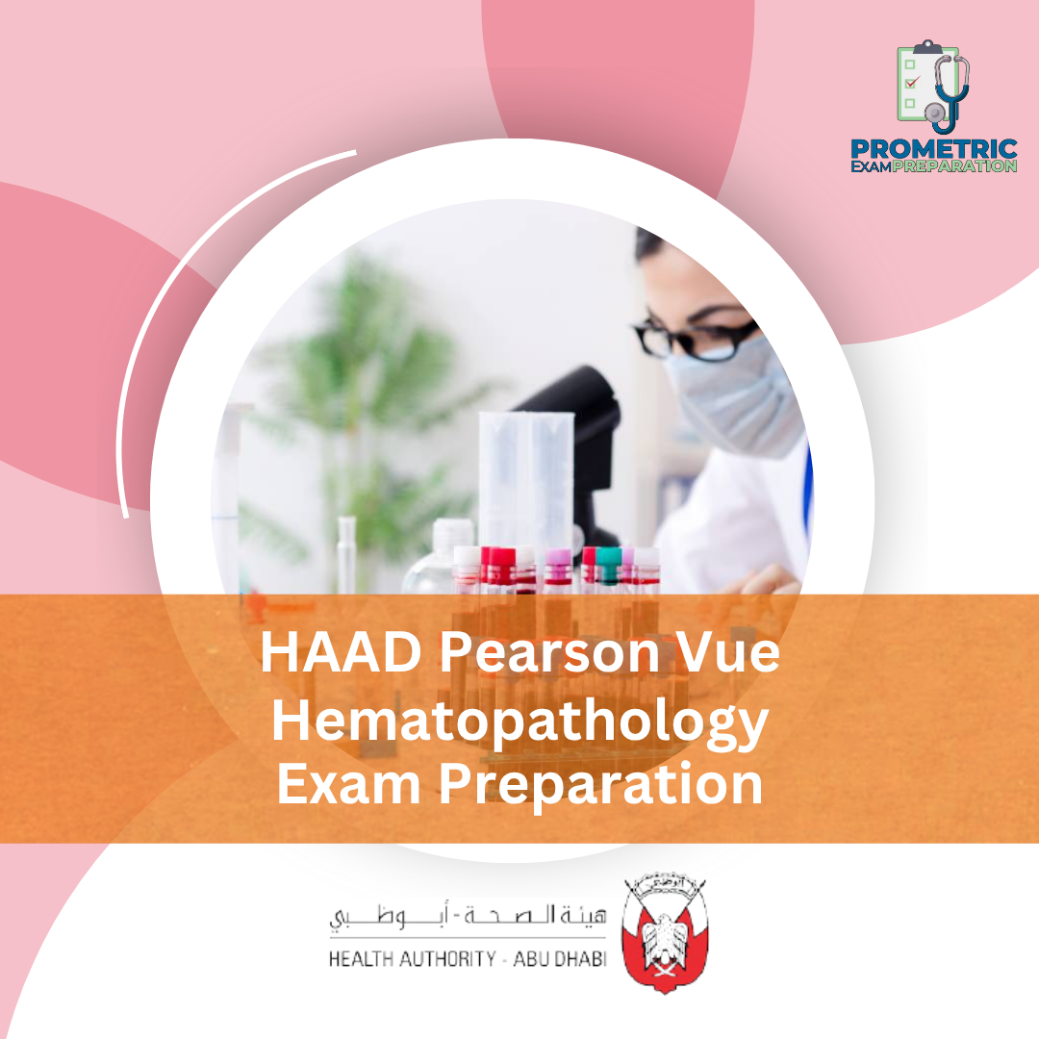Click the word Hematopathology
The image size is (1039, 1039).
[x=519, y=721]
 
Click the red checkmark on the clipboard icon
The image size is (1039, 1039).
[x=912, y=83]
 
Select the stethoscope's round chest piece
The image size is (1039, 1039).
[x=935, y=113]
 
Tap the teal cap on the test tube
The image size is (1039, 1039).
[x=607, y=555]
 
